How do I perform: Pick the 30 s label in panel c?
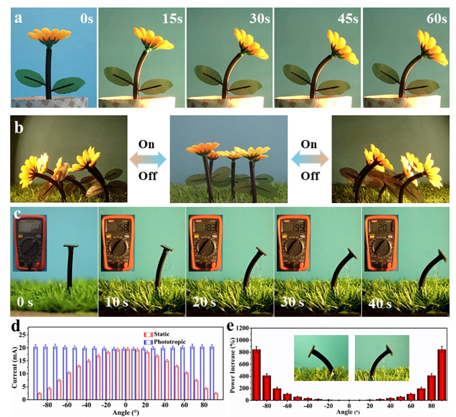point(290,304)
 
